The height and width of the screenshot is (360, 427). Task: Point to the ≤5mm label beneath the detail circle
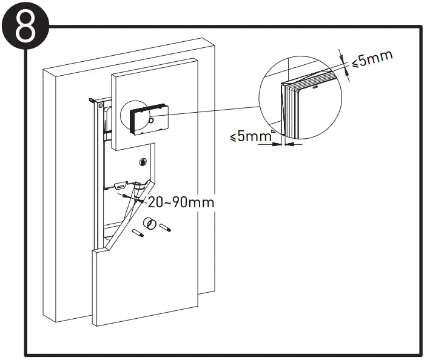[250, 136]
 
